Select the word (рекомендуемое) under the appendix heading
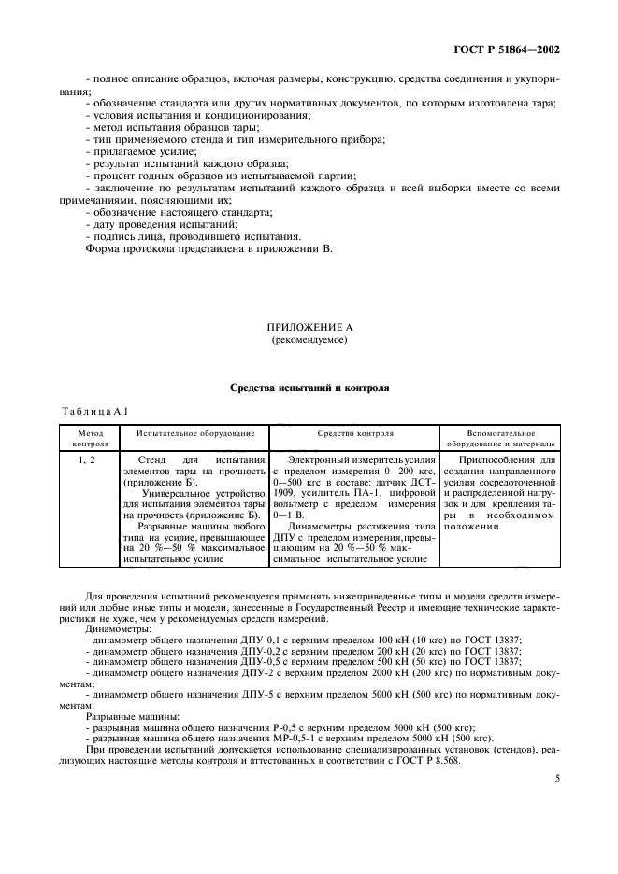[309, 341]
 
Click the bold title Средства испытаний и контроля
[309, 386]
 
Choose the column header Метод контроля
[85, 439]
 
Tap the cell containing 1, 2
[85, 459]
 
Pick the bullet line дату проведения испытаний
[150, 225]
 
